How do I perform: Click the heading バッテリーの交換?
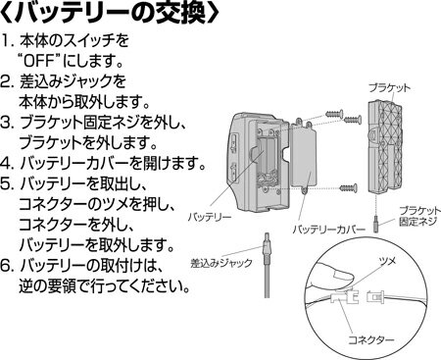click(x=110, y=14)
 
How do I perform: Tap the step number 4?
click(x=6, y=164)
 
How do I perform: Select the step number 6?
click(x=6, y=266)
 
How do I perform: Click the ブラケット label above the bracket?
click(x=389, y=88)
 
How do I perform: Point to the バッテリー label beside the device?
click(x=210, y=217)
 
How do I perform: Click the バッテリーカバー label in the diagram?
click(x=328, y=230)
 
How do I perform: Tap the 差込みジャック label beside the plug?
click(x=221, y=263)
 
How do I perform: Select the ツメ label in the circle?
click(x=387, y=262)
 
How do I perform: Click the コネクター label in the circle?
click(x=370, y=340)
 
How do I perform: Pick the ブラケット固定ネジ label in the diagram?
click(x=419, y=216)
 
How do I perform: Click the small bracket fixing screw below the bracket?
click(x=376, y=223)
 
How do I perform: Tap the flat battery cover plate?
click(x=303, y=157)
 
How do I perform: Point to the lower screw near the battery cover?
click(x=348, y=188)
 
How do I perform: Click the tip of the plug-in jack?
click(x=267, y=233)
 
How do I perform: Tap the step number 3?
click(x=6, y=123)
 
